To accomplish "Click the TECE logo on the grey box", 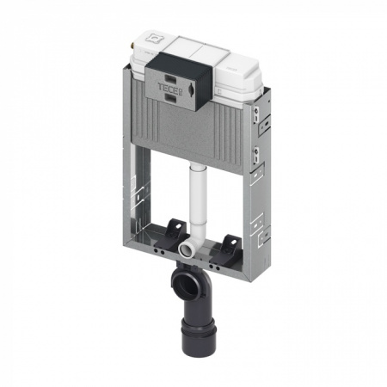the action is pos(169,87).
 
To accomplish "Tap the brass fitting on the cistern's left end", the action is pos(132,46).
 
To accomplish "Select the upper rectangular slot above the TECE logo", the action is pos(171,77).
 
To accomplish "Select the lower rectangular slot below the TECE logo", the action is pos(171,99).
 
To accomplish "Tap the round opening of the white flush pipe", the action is pos(182,248).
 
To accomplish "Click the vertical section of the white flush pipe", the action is pos(196,200).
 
